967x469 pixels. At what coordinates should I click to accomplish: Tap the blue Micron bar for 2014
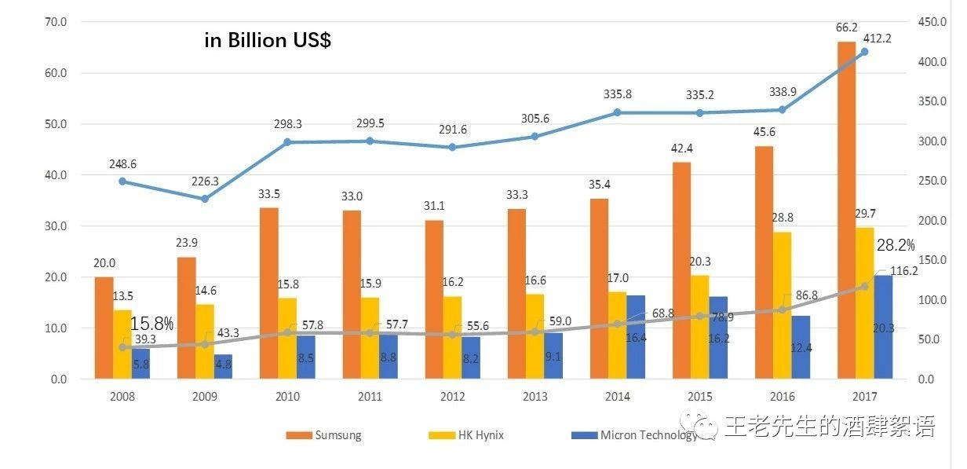pyautogui.click(x=636, y=337)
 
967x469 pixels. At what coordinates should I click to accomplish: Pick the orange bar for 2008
pyautogui.click(x=104, y=328)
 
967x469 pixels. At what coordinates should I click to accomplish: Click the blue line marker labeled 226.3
pyautogui.click(x=205, y=199)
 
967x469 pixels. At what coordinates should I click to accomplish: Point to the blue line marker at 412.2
pyautogui.click(x=865, y=52)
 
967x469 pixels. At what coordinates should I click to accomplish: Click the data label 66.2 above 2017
pyautogui.click(x=845, y=27)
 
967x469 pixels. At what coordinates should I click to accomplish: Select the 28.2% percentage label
pyautogui.click(x=896, y=245)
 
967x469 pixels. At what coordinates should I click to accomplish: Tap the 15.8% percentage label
pyautogui.click(x=151, y=323)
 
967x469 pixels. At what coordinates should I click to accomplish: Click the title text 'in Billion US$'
pyautogui.click(x=268, y=41)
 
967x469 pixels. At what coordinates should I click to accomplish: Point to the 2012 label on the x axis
pyautogui.click(x=453, y=397)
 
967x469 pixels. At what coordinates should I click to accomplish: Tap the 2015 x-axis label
pyautogui.click(x=700, y=397)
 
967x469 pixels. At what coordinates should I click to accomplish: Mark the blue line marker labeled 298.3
pyautogui.click(x=287, y=142)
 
